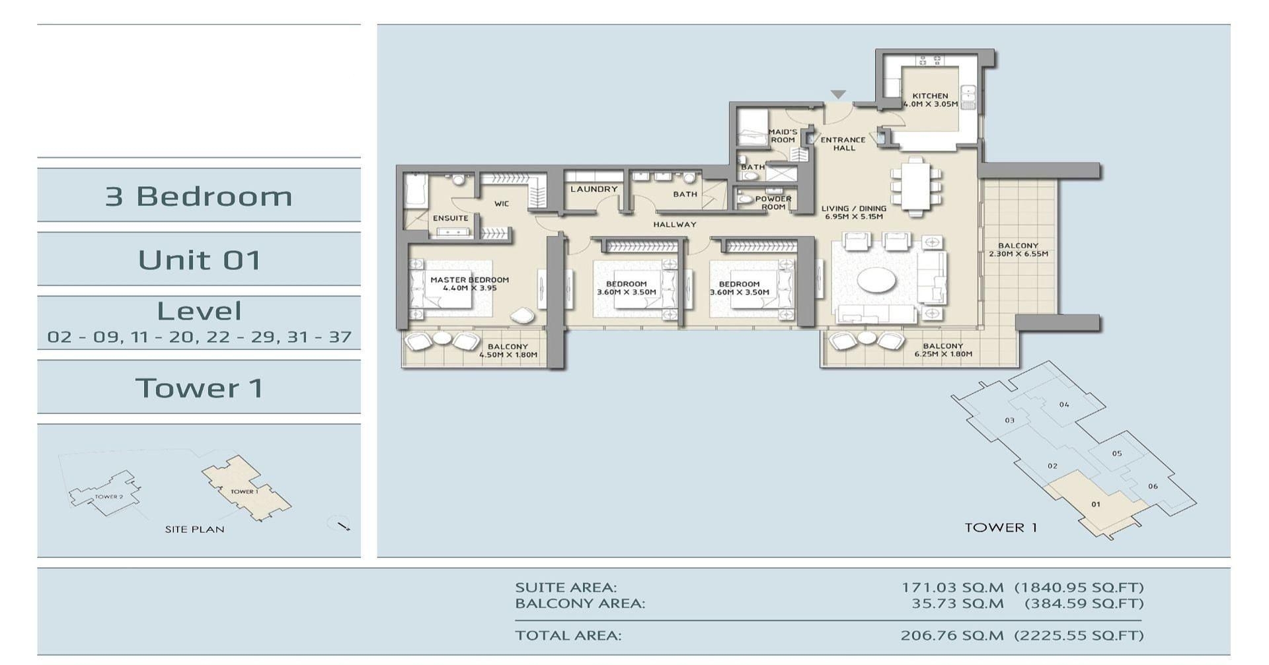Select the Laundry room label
[x=594, y=189]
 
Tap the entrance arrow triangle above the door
[x=838, y=94]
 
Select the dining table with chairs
[x=915, y=186]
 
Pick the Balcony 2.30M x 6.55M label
[x=1018, y=250]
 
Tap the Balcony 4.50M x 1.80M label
[x=508, y=351]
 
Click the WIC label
[x=502, y=203]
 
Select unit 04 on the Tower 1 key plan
[x=1063, y=404]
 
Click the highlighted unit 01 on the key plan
[x=1095, y=505]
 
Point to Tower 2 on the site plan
[x=108, y=496]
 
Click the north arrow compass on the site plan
[x=340, y=524]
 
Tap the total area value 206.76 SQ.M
[x=951, y=635]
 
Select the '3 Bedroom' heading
[x=198, y=196]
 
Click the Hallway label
[x=674, y=225]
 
